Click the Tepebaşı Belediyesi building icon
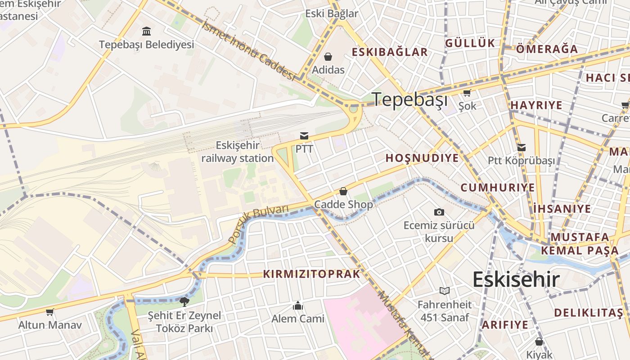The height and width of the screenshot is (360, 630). [146, 31]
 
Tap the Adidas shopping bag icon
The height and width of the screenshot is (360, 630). [328, 57]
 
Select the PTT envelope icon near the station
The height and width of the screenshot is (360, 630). [305, 135]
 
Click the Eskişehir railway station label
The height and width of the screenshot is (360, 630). [237, 152]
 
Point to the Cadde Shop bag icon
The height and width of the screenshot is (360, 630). [343, 192]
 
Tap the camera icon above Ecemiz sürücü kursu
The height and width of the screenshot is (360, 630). [439, 212]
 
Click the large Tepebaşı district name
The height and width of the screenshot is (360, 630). [410, 99]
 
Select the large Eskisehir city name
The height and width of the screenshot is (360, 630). [516, 279]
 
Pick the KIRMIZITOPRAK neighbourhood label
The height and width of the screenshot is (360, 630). [312, 274]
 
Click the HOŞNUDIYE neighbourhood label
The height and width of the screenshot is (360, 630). [422, 158]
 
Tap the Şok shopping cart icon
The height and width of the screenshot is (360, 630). [467, 93]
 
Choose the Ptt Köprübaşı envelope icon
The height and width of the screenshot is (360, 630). [522, 148]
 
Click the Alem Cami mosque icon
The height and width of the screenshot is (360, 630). [298, 306]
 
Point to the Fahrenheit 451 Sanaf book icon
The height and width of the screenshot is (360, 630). [445, 291]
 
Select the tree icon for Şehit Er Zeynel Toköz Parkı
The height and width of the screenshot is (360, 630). [184, 301]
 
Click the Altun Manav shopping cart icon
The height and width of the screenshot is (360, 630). [50, 312]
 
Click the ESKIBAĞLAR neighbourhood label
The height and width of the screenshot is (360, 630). [390, 52]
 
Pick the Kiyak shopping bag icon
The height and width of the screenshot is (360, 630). [539, 342]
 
